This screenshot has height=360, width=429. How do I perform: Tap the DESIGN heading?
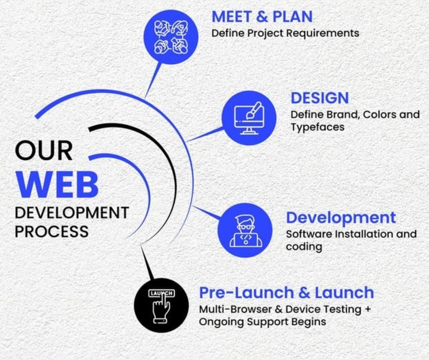[x=320, y=98]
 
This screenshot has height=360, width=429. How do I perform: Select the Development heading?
[x=341, y=217]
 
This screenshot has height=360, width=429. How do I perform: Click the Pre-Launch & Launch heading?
[x=287, y=292]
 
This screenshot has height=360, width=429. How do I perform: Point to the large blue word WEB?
[x=57, y=184]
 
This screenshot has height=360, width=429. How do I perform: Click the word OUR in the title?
[x=44, y=151]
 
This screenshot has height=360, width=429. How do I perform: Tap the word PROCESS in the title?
[x=51, y=231]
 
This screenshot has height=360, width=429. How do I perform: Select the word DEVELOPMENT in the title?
[x=71, y=213]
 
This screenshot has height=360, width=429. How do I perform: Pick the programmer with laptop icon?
[x=245, y=229]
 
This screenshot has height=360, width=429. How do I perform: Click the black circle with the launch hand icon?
[x=162, y=305]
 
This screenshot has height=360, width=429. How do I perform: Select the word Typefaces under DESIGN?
[x=317, y=127]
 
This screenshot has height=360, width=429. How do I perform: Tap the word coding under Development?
[x=304, y=247]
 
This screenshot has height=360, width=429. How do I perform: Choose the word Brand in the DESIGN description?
[x=342, y=114]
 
